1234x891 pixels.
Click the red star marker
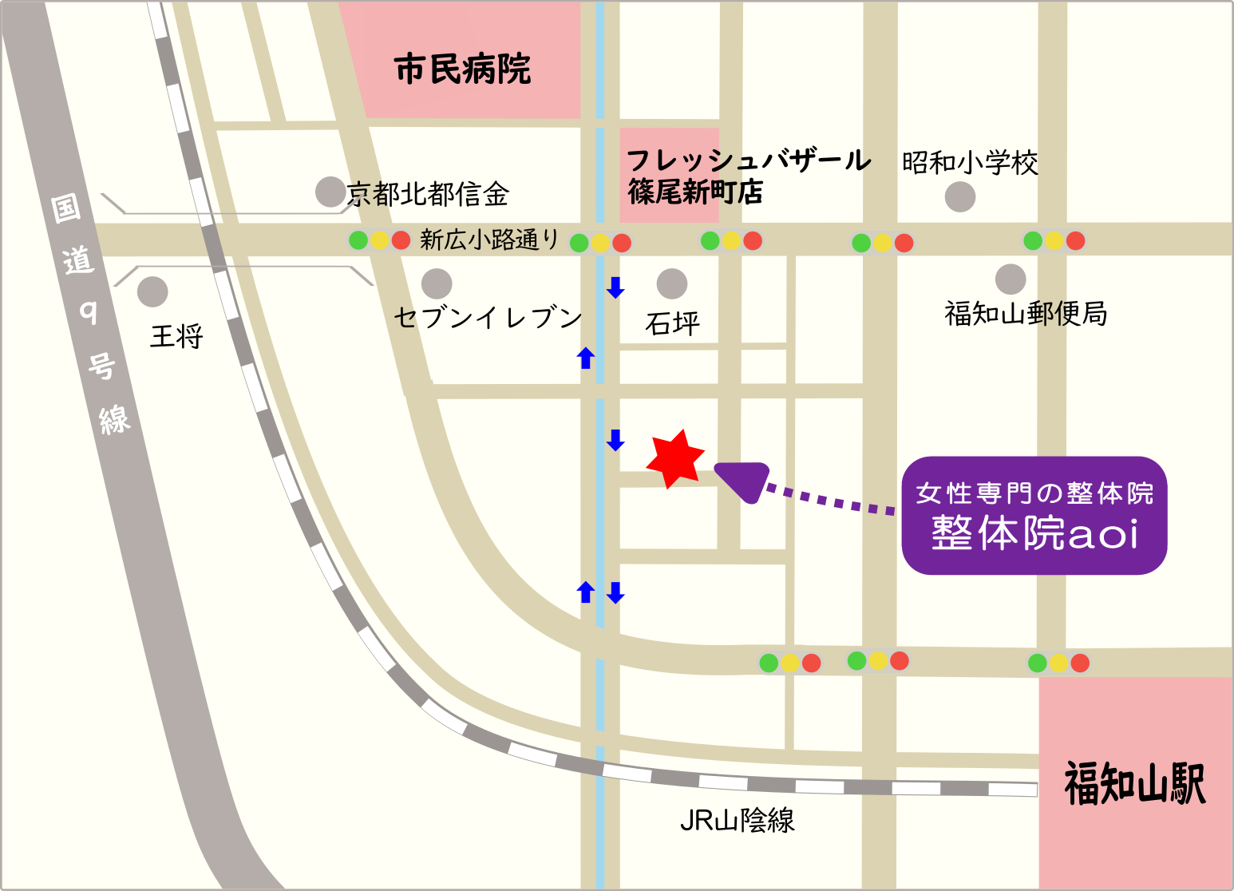[675, 459]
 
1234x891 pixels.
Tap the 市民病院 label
[462, 69]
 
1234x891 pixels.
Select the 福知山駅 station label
[1134, 783]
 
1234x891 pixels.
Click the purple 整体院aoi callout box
[1034, 516]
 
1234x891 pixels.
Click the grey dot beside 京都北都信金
[330, 192]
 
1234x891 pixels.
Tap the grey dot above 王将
[152, 291]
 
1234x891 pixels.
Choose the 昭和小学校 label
[970, 163]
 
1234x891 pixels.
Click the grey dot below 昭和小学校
[960, 196]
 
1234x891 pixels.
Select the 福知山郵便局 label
[1026, 314]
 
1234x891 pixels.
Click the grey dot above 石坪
[672, 283]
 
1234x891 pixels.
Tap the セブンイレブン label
[488, 318]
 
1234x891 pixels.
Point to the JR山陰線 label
[737, 820]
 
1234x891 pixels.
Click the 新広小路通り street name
[489, 240]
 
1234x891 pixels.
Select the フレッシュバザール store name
[748, 160]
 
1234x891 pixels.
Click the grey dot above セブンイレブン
[437, 283]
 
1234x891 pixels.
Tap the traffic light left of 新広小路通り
[379, 240]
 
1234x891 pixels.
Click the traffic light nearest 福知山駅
[1058, 663]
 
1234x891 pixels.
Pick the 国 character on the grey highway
[66, 208]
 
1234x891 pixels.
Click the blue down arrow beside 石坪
[615, 287]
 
